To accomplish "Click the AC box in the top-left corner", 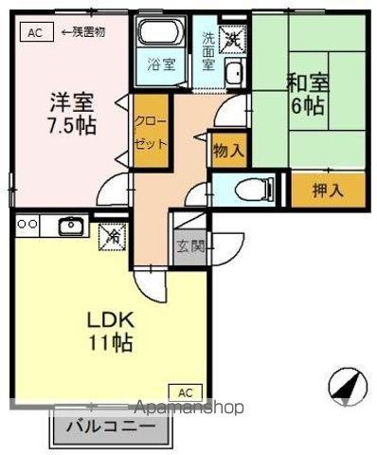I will [35, 31].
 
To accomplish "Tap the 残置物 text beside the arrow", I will [87, 31].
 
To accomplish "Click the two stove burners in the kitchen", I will [27, 225].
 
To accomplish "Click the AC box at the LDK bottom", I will [187, 391].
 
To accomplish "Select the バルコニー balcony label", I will [112, 427].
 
